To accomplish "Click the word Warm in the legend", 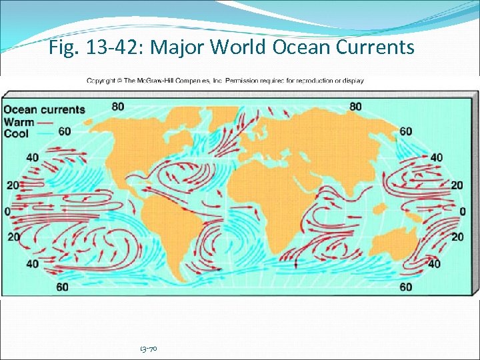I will pos(20,122).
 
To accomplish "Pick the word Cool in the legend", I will pos(17,133).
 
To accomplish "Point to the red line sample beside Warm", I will pos(46,123).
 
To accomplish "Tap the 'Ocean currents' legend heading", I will pos(45,110).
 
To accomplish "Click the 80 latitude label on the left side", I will pos(118,106).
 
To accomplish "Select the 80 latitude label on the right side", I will pos(355,106).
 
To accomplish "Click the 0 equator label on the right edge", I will pos(462,211).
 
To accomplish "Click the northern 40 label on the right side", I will pos(436,158).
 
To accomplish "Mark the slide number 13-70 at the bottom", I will pos(148,349).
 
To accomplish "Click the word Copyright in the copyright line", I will pos(101,81).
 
